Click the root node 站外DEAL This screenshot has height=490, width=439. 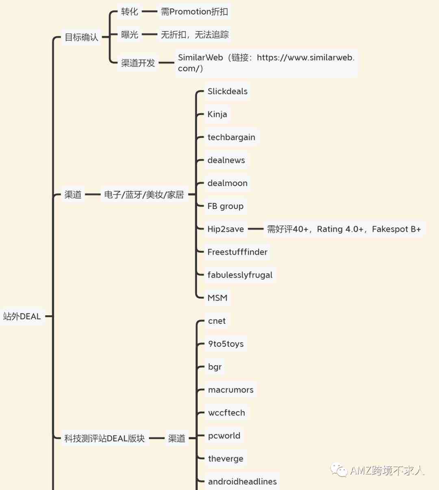pos(22,316)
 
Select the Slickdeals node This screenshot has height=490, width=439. pos(227,92)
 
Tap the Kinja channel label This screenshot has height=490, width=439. pos(217,114)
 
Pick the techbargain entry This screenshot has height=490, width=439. pos(231,137)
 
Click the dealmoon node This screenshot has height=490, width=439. pos(227,183)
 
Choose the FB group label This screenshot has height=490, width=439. pos(226,206)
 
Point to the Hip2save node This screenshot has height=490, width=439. pos(226,229)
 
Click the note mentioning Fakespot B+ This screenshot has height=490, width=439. pos(344,229)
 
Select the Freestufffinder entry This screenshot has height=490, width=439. pos(237,252)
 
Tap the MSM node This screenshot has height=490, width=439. pos(217,298)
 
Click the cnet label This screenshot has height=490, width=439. pos(217,321)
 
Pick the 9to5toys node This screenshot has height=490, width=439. pos(226,344)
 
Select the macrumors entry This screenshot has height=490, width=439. pos(231,389)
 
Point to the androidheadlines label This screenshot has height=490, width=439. pos(242,481)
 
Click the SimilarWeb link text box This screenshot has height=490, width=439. pos(266,63)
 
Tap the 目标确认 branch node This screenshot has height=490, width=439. pos(81,37)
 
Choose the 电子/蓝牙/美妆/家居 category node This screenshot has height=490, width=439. pos(144,195)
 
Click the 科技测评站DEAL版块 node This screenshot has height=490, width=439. pos(104,438)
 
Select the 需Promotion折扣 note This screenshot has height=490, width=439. pos(194,12)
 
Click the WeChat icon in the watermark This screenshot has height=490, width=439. pos(339,470)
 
